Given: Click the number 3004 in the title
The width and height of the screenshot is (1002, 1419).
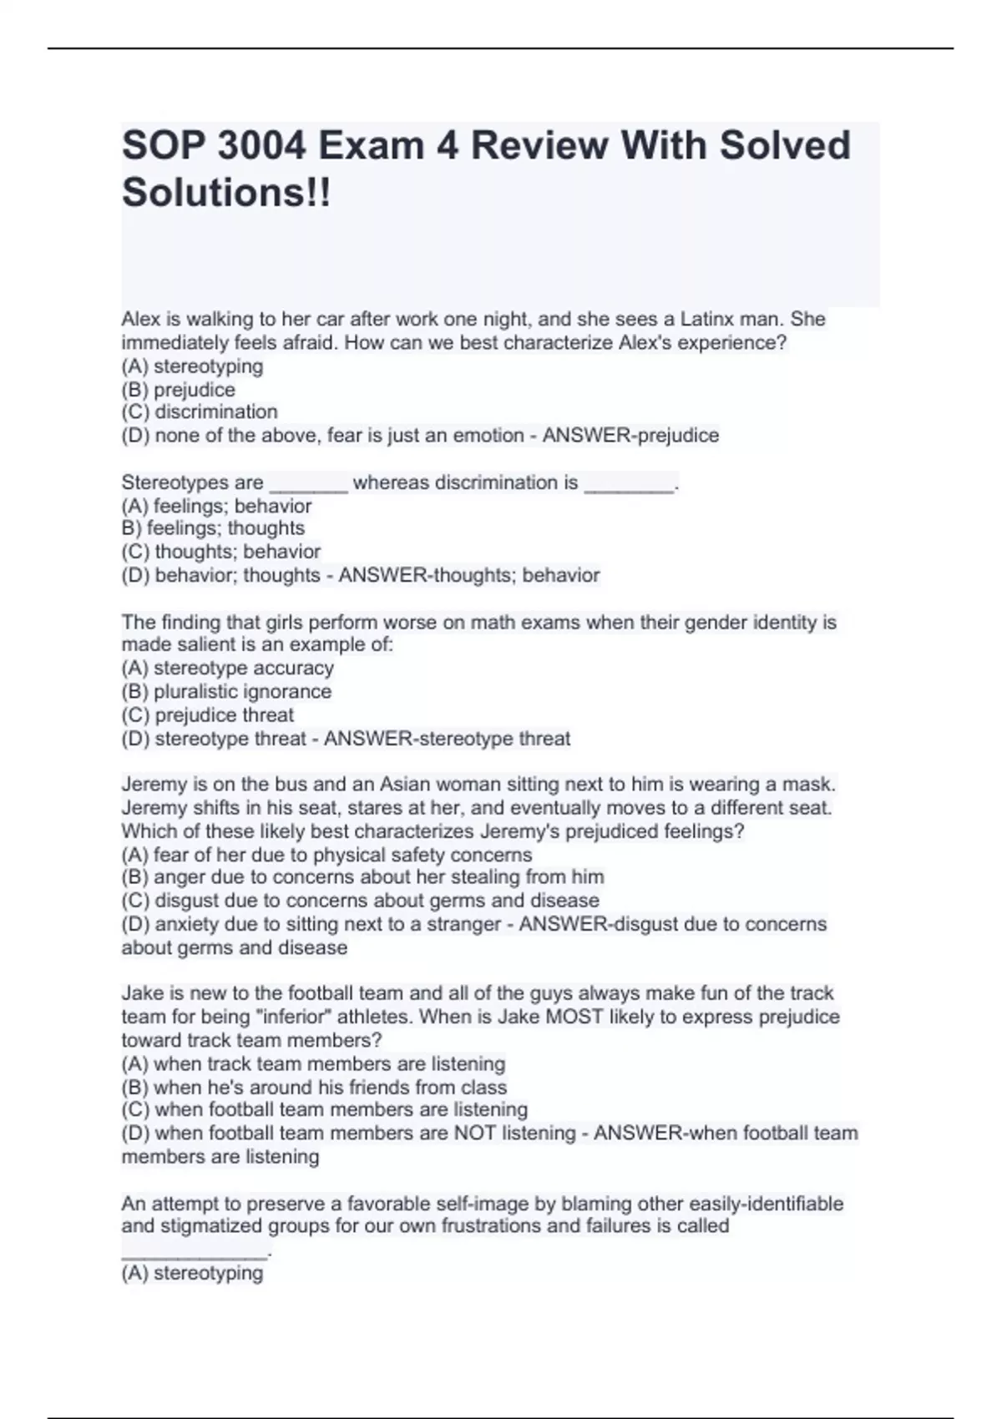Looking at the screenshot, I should pyautogui.click(x=261, y=146).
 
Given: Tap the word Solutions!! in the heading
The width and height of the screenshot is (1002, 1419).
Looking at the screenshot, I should pyautogui.click(x=226, y=193).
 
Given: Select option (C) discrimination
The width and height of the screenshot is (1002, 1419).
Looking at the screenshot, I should pyautogui.click(x=200, y=412).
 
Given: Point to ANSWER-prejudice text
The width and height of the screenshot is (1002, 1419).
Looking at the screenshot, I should pyautogui.click(x=630, y=436).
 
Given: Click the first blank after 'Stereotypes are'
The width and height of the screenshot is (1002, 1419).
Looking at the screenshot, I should pyautogui.click(x=308, y=485).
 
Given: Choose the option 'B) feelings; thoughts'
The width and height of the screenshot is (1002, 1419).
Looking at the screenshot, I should pyautogui.click(x=213, y=528).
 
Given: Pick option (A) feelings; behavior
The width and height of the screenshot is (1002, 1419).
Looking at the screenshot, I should pyautogui.click(x=216, y=506).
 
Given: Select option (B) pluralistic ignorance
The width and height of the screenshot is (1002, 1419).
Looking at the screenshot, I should pyautogui.click(x=226, y=692).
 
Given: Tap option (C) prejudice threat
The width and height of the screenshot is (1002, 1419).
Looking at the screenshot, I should pyautogui.click(x=208, y=715).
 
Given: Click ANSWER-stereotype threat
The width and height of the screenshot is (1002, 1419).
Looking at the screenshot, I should pyautogui.click(x=447, y=739).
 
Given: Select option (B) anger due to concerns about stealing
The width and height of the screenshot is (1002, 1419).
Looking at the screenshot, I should pyautogui.click(x=362, y=877).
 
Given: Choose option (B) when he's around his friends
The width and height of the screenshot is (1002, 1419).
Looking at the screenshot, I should pyautogui.click(x=314, y=1088).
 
